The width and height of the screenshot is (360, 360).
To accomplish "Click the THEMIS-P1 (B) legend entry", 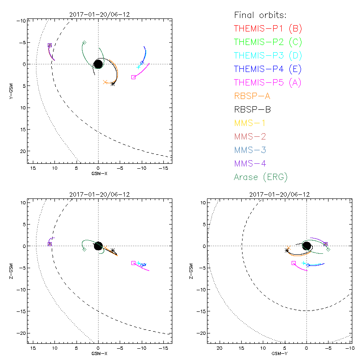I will [268, 29].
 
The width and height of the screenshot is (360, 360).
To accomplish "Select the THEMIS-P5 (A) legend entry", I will [268, 82].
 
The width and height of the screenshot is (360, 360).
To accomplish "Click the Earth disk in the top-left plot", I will [98, 64].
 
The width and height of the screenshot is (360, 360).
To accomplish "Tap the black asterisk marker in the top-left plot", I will [112, 84].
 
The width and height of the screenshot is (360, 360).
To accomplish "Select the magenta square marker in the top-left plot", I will [134, 77].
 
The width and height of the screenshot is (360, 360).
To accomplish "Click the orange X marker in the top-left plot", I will [105, 82].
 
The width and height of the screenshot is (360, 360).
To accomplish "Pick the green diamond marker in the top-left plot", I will [84, 43].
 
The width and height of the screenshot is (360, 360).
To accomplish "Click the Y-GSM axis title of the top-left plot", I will [16, 90].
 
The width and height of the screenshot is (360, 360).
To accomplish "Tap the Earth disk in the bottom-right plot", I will [306, 246].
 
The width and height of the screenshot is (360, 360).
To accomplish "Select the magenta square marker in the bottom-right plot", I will [293, 263].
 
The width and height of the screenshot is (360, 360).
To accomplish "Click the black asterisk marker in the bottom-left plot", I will [113, 250].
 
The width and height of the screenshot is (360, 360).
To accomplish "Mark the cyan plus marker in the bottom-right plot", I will [304, 263].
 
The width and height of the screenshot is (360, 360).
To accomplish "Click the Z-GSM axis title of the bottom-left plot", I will [16, 270].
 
